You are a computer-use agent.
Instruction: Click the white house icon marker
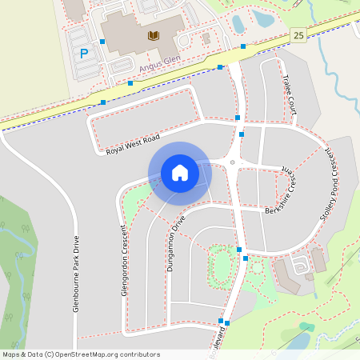click(179, 173)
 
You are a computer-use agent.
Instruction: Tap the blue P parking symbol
click(84, 54)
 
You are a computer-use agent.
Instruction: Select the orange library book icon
click(153, 35)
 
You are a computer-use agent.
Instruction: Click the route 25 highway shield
click(298, 35)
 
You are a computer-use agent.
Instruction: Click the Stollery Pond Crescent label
click(335, 191)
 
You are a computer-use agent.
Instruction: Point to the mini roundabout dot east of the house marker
click(233, 162)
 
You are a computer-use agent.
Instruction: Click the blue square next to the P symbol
click(102, 42)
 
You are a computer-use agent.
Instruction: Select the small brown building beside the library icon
click(206, 38)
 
